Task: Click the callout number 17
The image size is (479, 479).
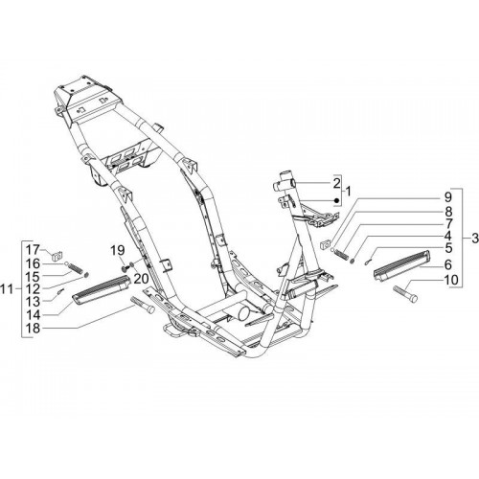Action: (33, 249)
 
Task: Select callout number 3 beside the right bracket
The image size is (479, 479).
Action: (475, 239)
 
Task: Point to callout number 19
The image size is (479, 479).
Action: (118, 251)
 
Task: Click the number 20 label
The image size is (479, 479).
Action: (141, 279)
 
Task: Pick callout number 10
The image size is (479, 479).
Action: (451, 280)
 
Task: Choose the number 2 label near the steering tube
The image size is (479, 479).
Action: (336, 184)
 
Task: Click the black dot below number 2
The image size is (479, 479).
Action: (336, 200)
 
